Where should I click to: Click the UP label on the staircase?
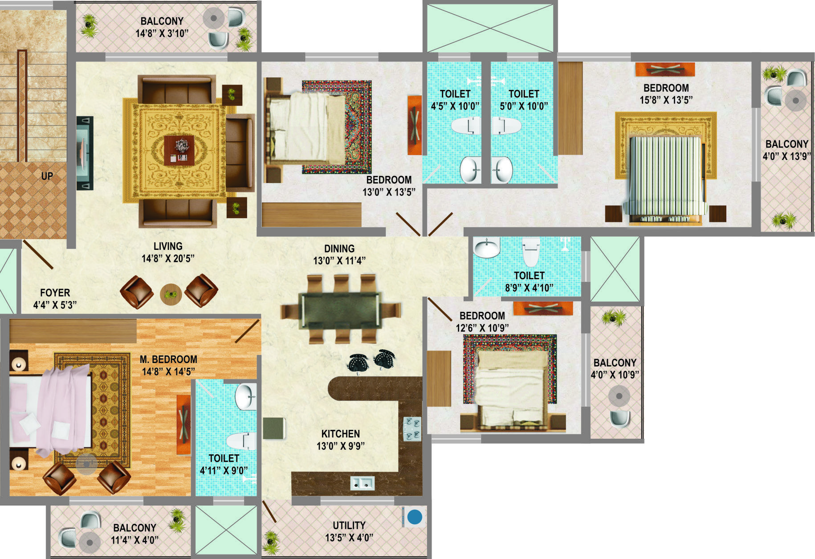[x=47, y=176]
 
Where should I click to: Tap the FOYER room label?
[x=55, y=293]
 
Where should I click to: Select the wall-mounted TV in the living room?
[x=85, y=153]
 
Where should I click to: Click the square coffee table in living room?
[x=179, y=150]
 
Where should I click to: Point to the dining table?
[x=341, y=310]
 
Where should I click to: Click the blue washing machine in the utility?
[x=415, y=517]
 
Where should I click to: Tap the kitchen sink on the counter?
[x=362, y=483]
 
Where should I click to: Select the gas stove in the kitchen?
[x=412, y=428]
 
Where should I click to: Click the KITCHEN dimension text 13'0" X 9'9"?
[x=341, y=446]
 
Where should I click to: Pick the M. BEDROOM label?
[x=168, y=359]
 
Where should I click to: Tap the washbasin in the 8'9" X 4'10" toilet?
[x=486, y=248]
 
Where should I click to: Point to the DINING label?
[x=339, y=249]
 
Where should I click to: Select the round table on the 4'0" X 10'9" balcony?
[x=619, y=395]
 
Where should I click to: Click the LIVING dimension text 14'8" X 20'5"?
[x=168, y=258]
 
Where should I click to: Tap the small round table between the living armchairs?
[x=171, y=294]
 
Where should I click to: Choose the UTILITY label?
[x=349, y=526]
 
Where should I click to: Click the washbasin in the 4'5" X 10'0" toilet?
[x=471, y=170]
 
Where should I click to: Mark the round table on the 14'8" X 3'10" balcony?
[x=214, y=18]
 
